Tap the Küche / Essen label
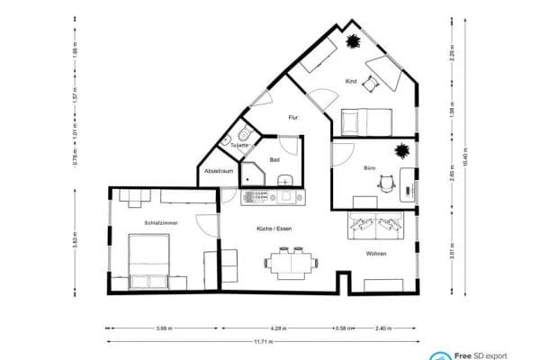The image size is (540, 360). pos(274,229)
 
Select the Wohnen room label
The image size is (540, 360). pos(376,255)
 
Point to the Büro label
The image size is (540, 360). pos(369,168)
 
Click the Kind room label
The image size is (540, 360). pos(351,82)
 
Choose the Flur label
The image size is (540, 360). pos(292,118)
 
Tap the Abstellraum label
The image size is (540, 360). pos(219,170)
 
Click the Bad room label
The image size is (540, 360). pos(274,159)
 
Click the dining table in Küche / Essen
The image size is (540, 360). pos(290,263)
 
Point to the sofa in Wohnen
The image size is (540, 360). pos(382,227)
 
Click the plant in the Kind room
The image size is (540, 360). pos(353,40)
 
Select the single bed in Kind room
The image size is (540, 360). pos(365,119)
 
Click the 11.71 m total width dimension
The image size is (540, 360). pos(262,342)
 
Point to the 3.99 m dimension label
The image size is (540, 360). pos(162,328)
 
